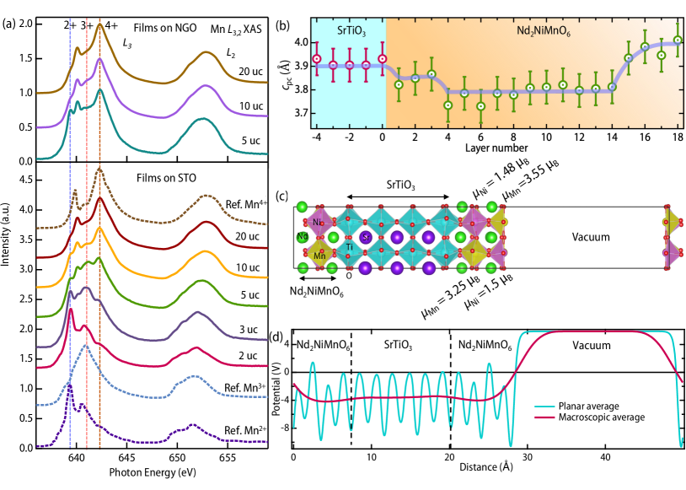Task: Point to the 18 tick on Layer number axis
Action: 678,137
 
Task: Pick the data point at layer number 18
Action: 678,40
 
